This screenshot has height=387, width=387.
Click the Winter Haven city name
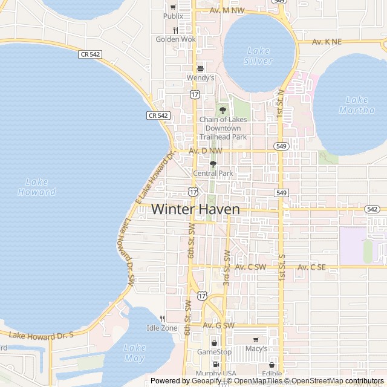coord(195,209)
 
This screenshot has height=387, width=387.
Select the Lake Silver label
coord(259,56)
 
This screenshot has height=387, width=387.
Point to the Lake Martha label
coord(352,105)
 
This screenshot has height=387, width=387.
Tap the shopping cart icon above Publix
coord(173,7)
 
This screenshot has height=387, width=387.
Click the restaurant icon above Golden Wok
coord(175,30)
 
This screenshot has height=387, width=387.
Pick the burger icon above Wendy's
coord(200,68)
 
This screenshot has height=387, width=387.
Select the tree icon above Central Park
coord(213,164)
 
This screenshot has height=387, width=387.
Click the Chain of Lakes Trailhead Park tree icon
coord(223,109)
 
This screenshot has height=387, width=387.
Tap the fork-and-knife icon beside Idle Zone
coord(162,319)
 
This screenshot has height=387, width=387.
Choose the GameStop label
coord(215,352)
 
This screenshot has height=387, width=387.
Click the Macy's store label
coord(256,349)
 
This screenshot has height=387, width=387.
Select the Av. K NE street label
coord(327,42)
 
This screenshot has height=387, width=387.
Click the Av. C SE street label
coord(311,267)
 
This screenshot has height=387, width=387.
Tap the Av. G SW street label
coord(218,325)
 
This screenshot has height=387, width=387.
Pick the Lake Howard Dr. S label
coord(41,334)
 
